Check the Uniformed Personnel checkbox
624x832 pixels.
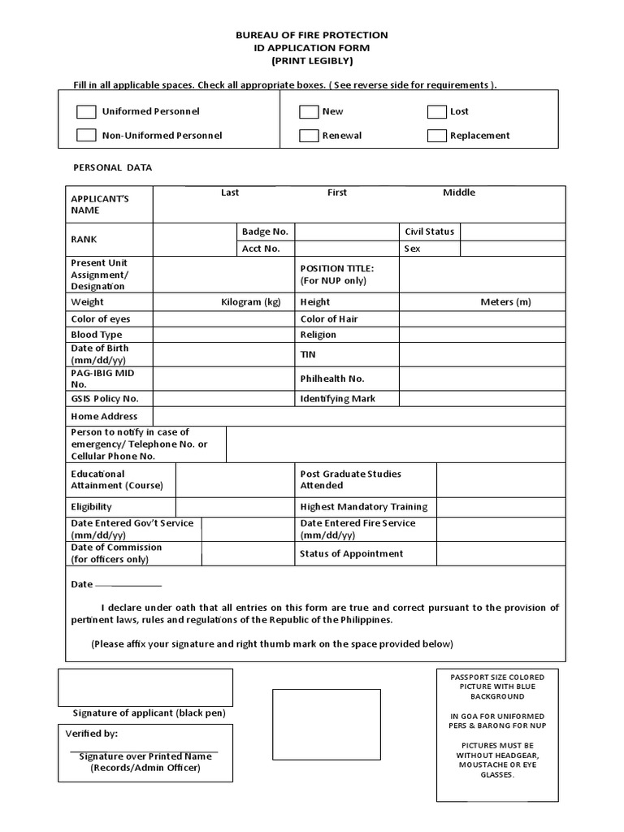tap(86, 111)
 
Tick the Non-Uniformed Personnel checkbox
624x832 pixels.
tap(86, 136)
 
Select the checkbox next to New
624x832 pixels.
tap(308, 112)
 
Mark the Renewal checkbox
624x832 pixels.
tap(308, 136)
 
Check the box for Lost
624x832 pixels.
tap(437, 112)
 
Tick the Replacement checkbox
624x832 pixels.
tap(437, 136)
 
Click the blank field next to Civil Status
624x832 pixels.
tap(513, 232)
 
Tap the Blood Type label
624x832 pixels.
tap(97, 335)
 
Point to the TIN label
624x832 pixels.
tap(308, 354)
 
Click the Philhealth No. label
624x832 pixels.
tap(332, 379)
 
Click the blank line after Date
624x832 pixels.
tap(128, 585)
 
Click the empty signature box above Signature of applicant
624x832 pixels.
tap(145, 687)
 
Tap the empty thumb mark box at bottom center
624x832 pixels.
tap(326, 725)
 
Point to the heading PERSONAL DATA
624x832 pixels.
tap(113, 168)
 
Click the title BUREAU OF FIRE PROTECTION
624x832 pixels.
tap(312, 36)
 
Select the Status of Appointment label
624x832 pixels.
tap(351, 554)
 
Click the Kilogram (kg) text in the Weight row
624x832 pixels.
tap(251, 302)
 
